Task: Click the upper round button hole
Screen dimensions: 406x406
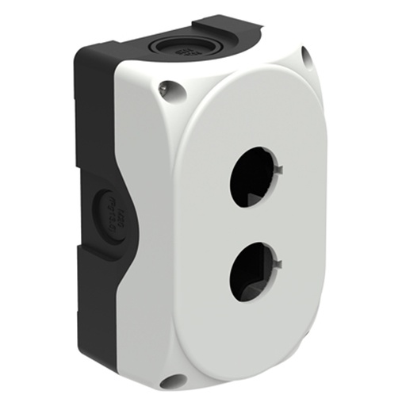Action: tap(251, 176)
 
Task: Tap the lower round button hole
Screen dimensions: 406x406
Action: tap(251, 271)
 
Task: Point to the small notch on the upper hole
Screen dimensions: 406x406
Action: tap(281, 168)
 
